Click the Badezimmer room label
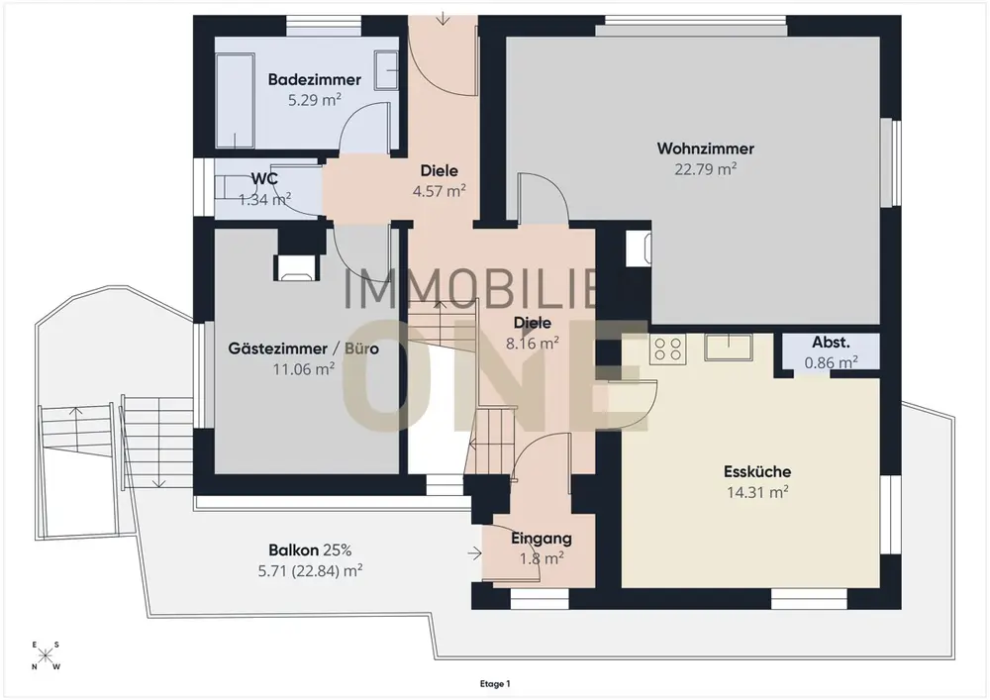[315, 79]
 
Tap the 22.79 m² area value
[705, 169]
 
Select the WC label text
[264, 178]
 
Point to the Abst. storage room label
[831, 343]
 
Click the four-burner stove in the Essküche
[667, 350]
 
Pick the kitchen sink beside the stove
[729, 348]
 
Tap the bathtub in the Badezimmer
[235, 100]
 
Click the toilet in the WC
[226, 187]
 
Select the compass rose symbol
[45, 655]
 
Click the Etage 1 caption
[495, 683]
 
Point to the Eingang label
[542, 539]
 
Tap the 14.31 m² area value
[757, 492]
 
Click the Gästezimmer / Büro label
[304, 349]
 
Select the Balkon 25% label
[310, 550]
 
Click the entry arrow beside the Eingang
[474, 553]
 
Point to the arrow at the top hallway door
[443, 18]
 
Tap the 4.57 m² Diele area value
[439, 191]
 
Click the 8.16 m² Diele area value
[533, 344]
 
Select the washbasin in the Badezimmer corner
[386, 70]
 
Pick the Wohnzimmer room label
[705, 149]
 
